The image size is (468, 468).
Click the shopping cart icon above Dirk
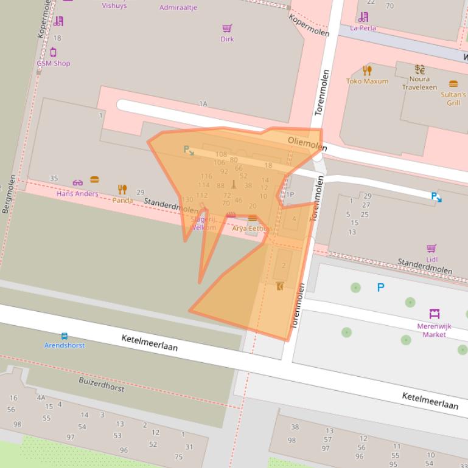click(227, 28)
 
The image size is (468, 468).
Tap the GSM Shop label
click(53, 63)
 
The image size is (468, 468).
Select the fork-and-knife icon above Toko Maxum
click(367, 71)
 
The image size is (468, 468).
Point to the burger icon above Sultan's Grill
click(453, 84)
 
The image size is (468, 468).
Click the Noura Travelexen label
click(419, 83)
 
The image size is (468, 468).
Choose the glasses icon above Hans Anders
click(77, 182)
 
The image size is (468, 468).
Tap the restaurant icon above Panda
click(122, 190)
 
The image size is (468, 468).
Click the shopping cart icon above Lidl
click(431, 248)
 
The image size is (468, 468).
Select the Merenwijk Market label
click(435, 330)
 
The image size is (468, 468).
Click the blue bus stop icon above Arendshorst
click(65, 336)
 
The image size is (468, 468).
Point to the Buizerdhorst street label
click(101, 384)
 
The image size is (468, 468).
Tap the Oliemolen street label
click(307, 143)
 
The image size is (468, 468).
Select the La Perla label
click(363, 28)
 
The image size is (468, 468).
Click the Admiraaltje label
click(178, 8)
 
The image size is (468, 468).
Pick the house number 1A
click(203, 104)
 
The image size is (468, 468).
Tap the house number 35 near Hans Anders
click(54, 178)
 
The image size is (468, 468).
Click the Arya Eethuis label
click(251, 229)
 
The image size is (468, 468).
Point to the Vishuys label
click(114, 5)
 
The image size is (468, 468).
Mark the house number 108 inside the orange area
click(221, 154)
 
